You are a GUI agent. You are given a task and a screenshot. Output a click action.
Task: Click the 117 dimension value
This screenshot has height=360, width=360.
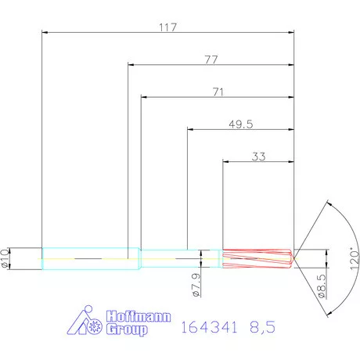[x=168, y=27]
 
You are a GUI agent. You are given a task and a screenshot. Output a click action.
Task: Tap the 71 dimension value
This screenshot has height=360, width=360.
[x=219, y=92]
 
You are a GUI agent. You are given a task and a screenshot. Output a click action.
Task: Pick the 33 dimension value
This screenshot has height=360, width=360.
[x=259, y=157]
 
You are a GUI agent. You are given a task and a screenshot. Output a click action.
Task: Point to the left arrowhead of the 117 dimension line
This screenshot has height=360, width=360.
[x=45, y=32]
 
